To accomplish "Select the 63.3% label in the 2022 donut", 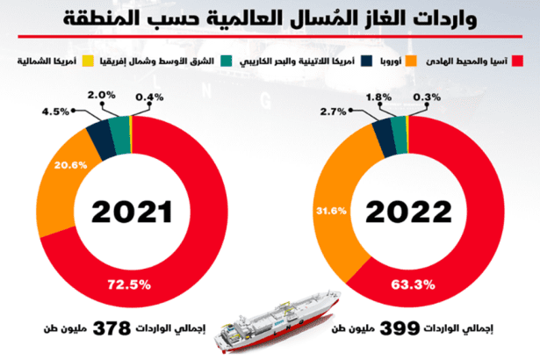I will [x=406, y=284].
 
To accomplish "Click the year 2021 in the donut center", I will [x=130, y=212].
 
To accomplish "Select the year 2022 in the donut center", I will [x=409, y=212].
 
